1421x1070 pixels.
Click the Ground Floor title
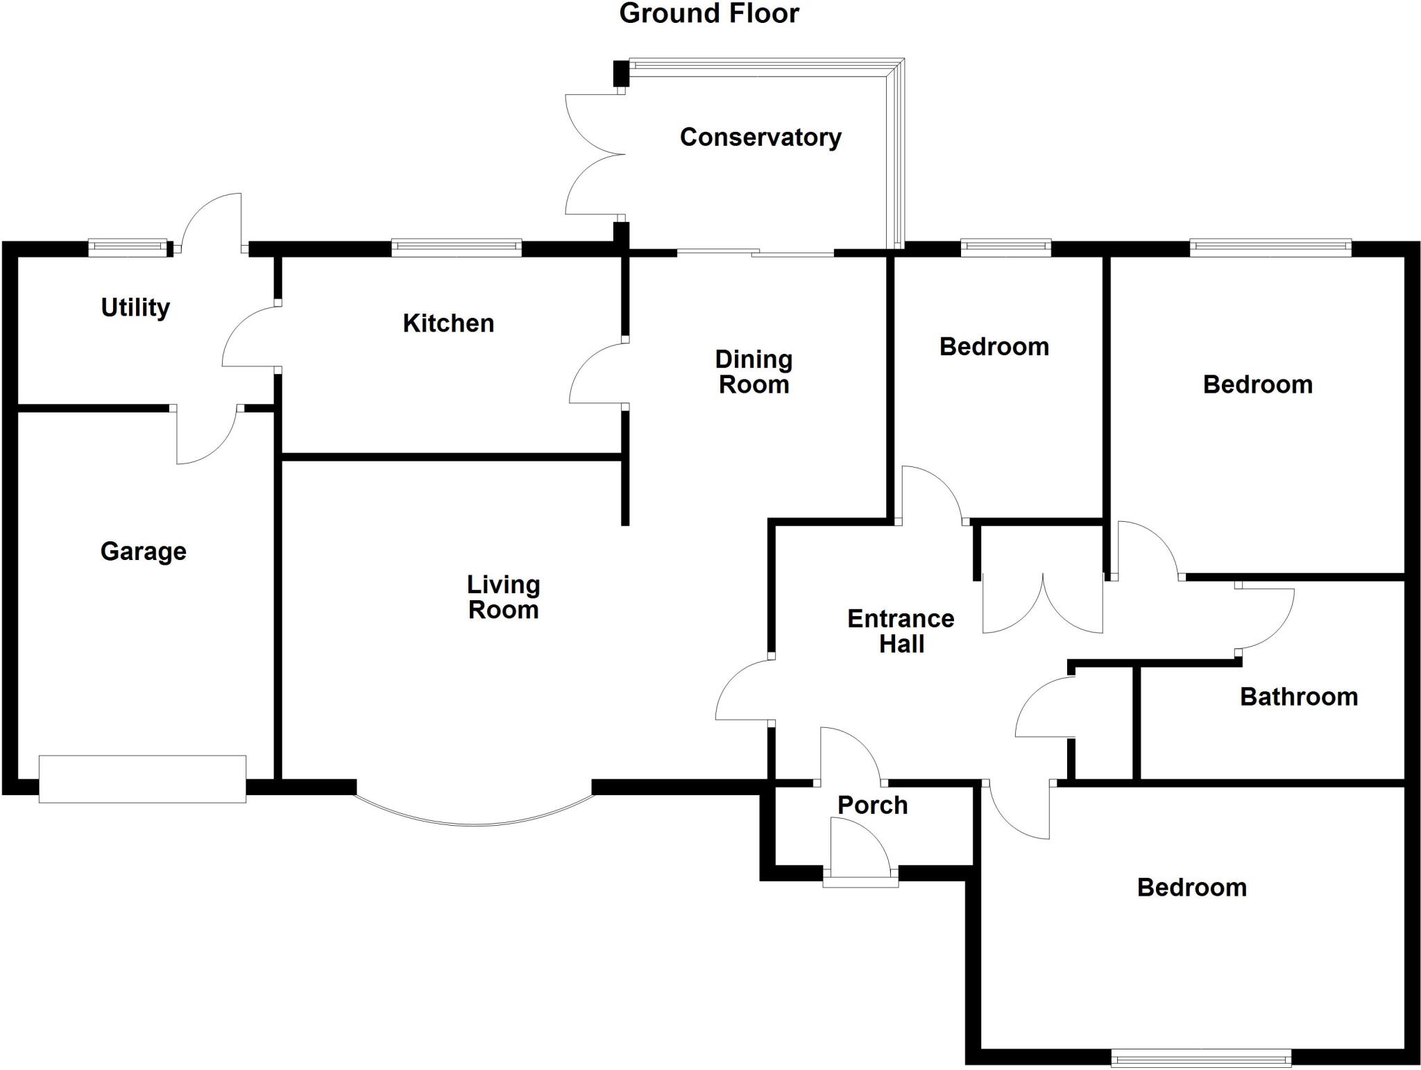click(708, 14)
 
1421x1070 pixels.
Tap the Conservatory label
click(760, 137)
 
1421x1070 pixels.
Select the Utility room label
click(135, 307)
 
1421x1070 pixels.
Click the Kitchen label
click(448, 323)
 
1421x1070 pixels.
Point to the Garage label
click(144, 552)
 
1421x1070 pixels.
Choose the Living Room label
click(503, 597)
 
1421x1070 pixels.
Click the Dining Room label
click(754, 372)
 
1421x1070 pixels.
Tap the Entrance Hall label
click(901, 631)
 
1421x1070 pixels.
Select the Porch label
click(872, 806)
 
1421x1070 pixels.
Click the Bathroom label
click(1299, 697)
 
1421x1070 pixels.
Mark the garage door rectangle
click(142, 779)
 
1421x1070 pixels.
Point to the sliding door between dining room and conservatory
click(755, 253)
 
